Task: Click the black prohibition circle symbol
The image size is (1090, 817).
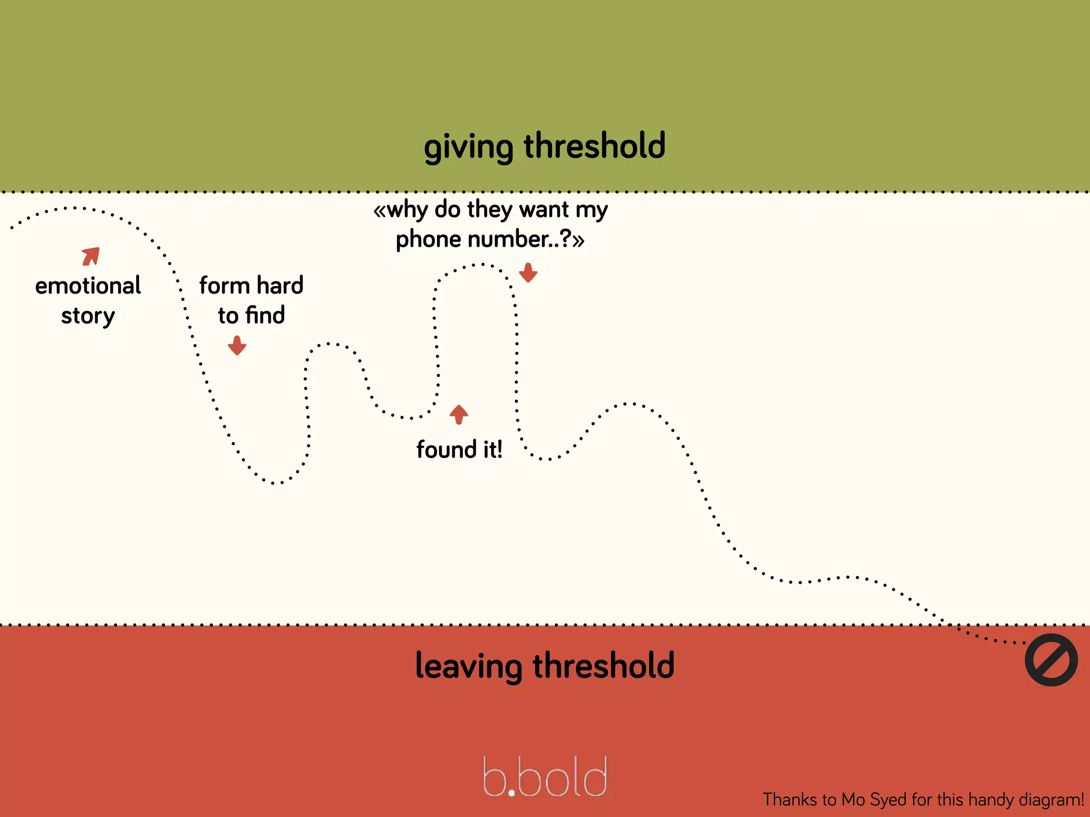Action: click(1051, 660)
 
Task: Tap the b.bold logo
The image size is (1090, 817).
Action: click(544, 777)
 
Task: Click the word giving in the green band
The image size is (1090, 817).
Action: click(468, 147)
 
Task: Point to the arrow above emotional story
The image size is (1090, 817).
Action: click(91, 256)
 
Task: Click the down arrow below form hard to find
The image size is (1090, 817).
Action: click(237, 346)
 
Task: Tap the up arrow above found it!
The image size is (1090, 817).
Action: click(459, 414)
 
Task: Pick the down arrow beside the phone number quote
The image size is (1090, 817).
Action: click(528, 273)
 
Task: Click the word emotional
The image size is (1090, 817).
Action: click(88, 286)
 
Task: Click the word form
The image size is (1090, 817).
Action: click(224, 286)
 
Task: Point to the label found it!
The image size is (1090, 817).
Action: click(459, 450)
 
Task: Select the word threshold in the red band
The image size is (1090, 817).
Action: click(604, 665)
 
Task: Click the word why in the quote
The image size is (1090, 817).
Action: click(407, 210)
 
